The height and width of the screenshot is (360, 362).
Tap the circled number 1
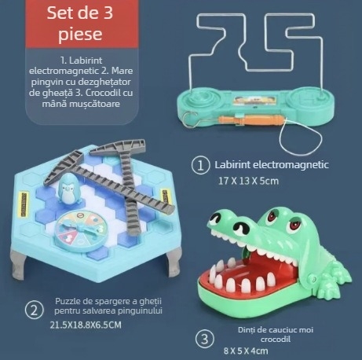click(x=201, y=165)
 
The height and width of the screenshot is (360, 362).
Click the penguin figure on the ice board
click(x=68, y=189)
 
